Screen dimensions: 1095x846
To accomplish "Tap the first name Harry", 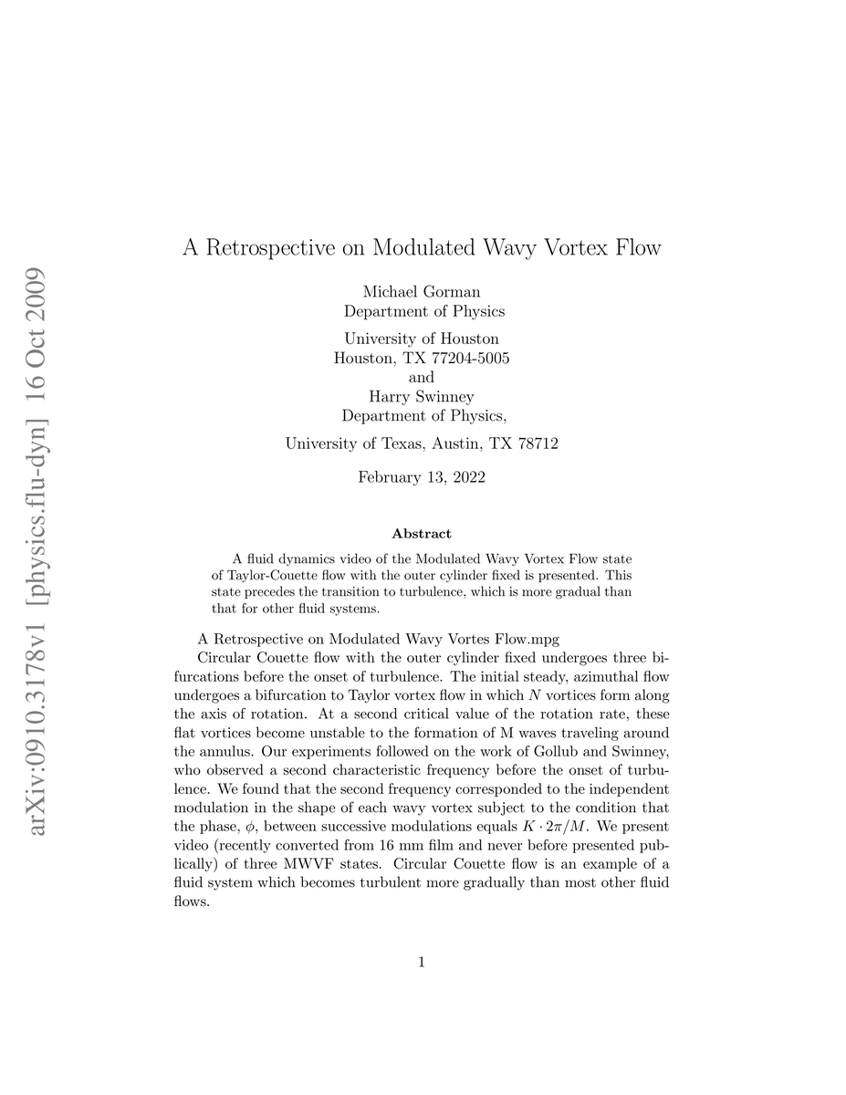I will [x=391, y=396].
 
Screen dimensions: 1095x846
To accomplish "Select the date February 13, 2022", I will [x=422, y=476].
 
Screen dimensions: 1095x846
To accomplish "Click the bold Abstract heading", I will [x=422, y=533].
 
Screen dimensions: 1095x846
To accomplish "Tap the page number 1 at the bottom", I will [x=422, y=961].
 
